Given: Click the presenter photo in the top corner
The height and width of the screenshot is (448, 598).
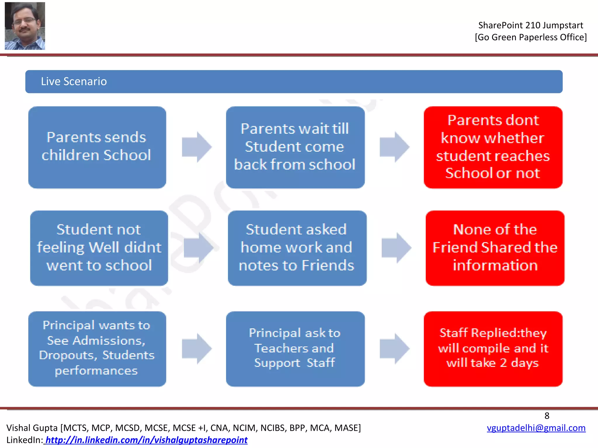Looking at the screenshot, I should pyautogui.click(x=25, y=26).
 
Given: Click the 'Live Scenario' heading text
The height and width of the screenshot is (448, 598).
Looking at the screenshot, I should pyautogui.click(x=74, y=81).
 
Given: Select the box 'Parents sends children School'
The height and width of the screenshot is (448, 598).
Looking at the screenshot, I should pyautogui.click(x=97, y=147).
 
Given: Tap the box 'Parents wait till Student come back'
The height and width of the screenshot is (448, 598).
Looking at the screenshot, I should pyautogui.click(x=295, y=147).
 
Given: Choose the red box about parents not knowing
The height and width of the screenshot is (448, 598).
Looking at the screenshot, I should pyautogui.click(x=493, y=147).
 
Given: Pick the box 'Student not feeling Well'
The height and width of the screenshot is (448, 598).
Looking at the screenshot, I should pyautogui.click(x=99, y=248).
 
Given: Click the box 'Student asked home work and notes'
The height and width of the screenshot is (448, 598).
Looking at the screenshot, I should pyautogui.click(x=297, y=248).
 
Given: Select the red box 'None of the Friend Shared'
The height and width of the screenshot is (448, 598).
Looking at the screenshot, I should pyautogui.click(x=495, y=248).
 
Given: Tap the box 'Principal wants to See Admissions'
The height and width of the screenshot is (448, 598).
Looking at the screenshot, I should pyautogui.click(x=97, y=349).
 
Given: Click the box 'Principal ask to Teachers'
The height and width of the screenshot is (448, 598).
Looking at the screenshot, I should pyautogui.click(x=295, y=349).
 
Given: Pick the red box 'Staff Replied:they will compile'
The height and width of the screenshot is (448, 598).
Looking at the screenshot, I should pyautogui.click(x=493, y=349).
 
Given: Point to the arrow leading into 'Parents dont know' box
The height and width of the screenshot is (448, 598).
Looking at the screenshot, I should pyautogui.click(x=394, y=147).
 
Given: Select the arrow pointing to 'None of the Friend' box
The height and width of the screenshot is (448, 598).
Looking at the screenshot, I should pyautogui.click(x=396, y=248).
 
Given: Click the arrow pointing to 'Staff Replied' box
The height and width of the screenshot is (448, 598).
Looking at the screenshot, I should pyautogui.click(x=394, y=349).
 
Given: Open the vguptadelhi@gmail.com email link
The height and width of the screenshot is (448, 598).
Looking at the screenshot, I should pyautogui.click(x=536, y=428).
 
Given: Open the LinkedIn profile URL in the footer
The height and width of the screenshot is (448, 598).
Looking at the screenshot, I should pyautogui.click(x=146, y=440).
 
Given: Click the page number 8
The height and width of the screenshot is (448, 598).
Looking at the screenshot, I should pyautogui.click(x=547, y=416).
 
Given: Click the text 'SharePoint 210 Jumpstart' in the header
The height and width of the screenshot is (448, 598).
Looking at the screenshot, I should pyautogui.click(x=531, y=25).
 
